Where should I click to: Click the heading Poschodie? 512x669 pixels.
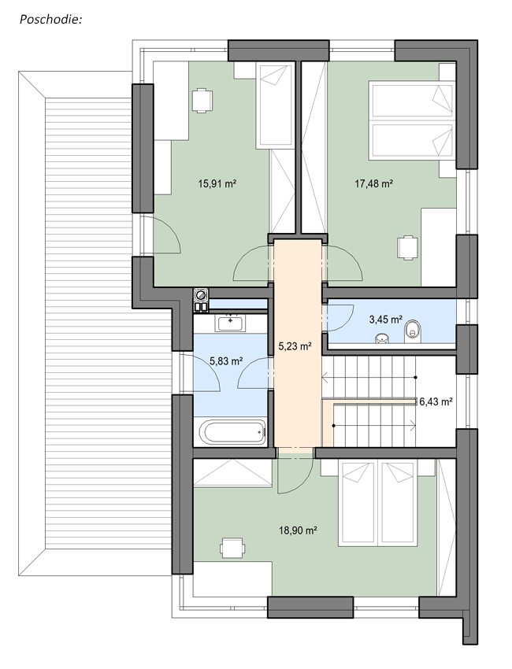point(50,20)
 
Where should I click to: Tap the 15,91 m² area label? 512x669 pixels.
point(217,184)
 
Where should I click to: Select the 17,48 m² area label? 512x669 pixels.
point(374,183)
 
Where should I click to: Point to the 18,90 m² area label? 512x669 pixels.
point(298,530)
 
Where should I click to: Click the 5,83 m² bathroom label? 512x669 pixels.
point(226,361)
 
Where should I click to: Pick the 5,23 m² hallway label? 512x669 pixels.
point(295,346)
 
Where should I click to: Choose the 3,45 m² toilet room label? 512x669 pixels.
point(386,319)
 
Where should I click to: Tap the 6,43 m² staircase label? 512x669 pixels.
point(436,401)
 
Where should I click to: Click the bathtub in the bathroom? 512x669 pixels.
point(232,432)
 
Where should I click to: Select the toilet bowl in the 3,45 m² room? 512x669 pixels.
point(412,330)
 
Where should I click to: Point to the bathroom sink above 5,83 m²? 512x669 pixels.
point(231,323)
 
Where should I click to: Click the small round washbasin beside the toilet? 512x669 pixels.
point(382,338)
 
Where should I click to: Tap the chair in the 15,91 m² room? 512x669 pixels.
point(201,101)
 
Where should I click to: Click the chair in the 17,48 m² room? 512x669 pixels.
point(407,247)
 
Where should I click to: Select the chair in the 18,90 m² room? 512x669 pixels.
point(232,548)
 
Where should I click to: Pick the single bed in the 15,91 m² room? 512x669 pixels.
point(276,105)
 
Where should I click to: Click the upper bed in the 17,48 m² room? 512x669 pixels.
point(412,100)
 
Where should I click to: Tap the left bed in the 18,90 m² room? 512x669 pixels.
point(357,503)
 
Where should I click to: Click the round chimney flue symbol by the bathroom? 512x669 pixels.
point(201,294)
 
